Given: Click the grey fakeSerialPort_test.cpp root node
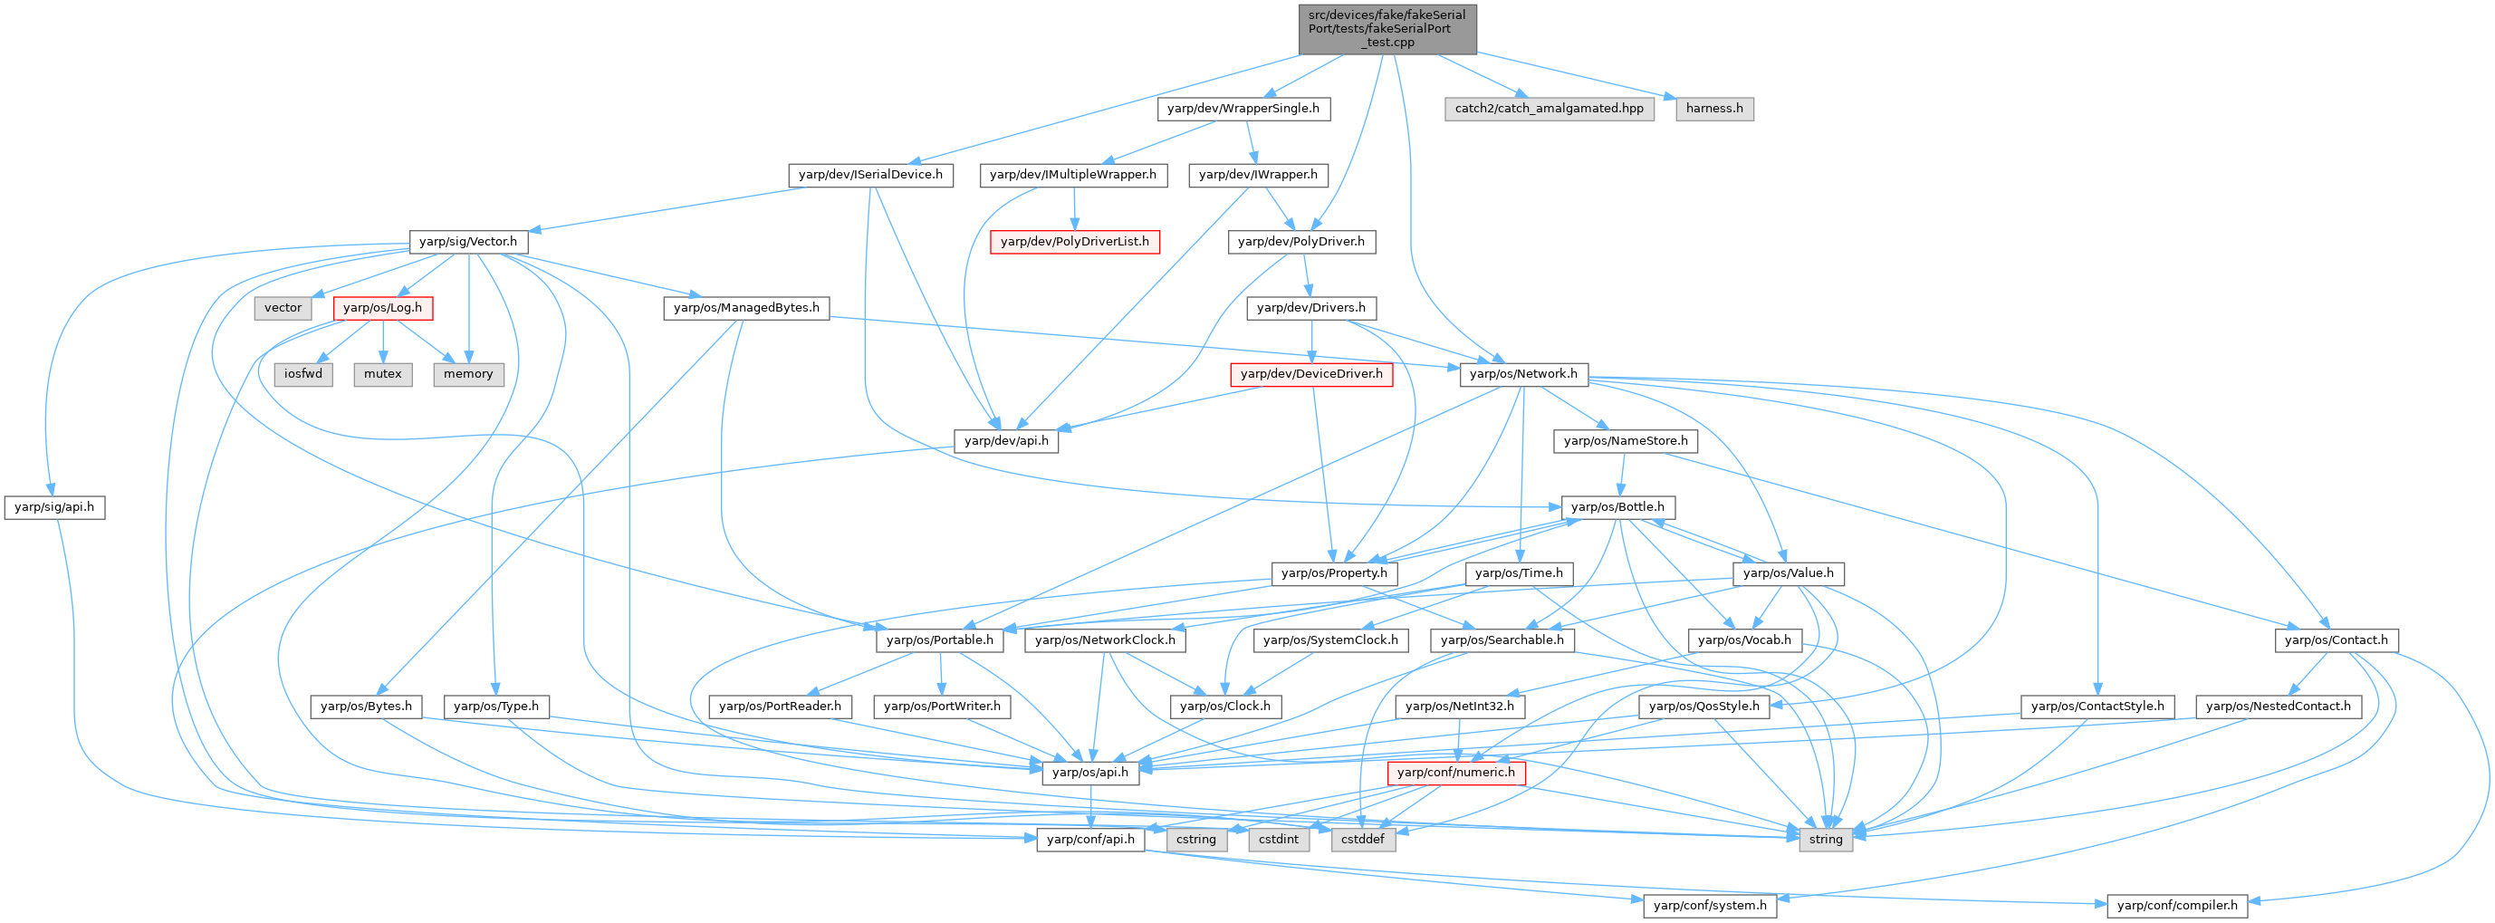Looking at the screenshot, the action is coord(1387,28).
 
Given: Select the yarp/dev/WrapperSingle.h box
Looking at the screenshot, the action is coord(1243,109).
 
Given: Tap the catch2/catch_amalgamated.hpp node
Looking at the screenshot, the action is coord(1549,109).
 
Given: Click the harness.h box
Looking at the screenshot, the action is coord(1713,109).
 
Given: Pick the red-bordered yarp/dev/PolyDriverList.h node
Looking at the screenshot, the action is coord(1074,241).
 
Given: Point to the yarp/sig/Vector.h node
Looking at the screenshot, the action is coord(469,241).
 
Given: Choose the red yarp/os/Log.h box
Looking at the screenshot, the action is coord(382,308).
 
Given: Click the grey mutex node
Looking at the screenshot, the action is coord(382,374).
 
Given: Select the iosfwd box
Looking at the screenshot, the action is coord(303,374).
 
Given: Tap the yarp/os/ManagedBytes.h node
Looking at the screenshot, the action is coord(746,308).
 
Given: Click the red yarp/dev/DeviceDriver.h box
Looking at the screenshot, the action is coord(1311,374).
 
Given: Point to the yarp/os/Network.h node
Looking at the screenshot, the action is coord(1522,374).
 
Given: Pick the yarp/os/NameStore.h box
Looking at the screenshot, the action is coord(1626,441).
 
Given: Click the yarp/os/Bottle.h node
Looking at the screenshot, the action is coord(1617,506).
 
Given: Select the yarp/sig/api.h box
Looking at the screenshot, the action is coord(54,506).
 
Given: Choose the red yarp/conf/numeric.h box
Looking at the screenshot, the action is coord(1455,773).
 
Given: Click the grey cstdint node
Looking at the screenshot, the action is coord(1279,840).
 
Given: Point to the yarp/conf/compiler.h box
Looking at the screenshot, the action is coord(2177,906).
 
